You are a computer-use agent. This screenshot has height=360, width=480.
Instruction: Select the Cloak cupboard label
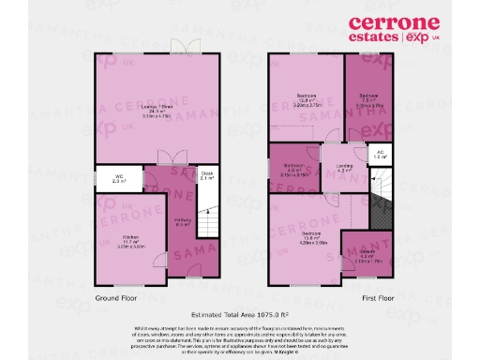tap(207, 175)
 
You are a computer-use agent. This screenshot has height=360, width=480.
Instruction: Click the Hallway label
tap(184, 223)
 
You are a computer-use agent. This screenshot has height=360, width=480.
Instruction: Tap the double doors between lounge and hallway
tap(166, 159)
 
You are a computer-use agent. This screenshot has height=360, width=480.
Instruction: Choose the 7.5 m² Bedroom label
tap(368, 97)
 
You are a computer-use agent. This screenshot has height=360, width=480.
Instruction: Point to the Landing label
tap(343, 169)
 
